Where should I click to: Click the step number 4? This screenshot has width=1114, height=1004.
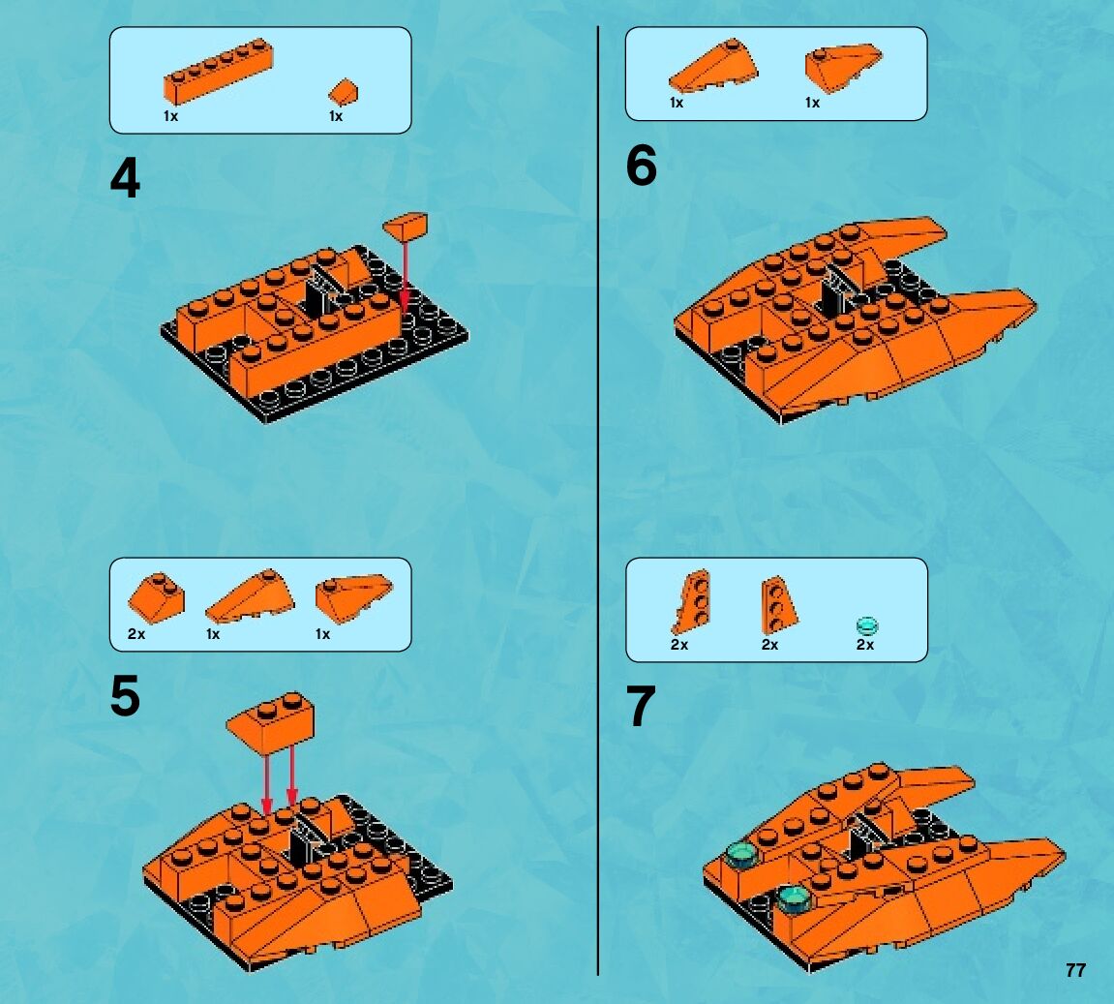(x=125, y=178)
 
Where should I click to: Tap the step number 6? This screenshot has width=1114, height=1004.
(x=641, y=166)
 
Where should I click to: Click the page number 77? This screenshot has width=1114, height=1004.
(x=1075, y=970)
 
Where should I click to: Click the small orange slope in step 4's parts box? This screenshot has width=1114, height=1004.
(x=344, y=92)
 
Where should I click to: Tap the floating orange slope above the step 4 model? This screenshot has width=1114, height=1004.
(x=406, y=226)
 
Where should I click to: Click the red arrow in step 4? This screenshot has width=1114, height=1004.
(x=405, y=276)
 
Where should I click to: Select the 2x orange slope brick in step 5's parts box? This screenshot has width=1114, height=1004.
(x=156, y=596)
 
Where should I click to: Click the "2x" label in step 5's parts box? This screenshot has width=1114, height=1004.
(x=136, y=634)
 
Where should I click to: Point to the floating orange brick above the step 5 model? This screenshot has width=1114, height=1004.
(x=271, y=722)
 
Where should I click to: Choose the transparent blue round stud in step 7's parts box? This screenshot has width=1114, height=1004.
(x=867, y=626)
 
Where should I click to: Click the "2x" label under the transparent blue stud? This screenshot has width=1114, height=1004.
(x=864, y=645)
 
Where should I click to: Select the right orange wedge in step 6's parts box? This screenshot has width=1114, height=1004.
(x=843, y=68)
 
